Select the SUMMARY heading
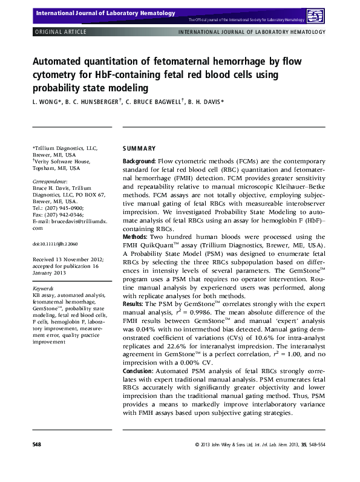point(139,149)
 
